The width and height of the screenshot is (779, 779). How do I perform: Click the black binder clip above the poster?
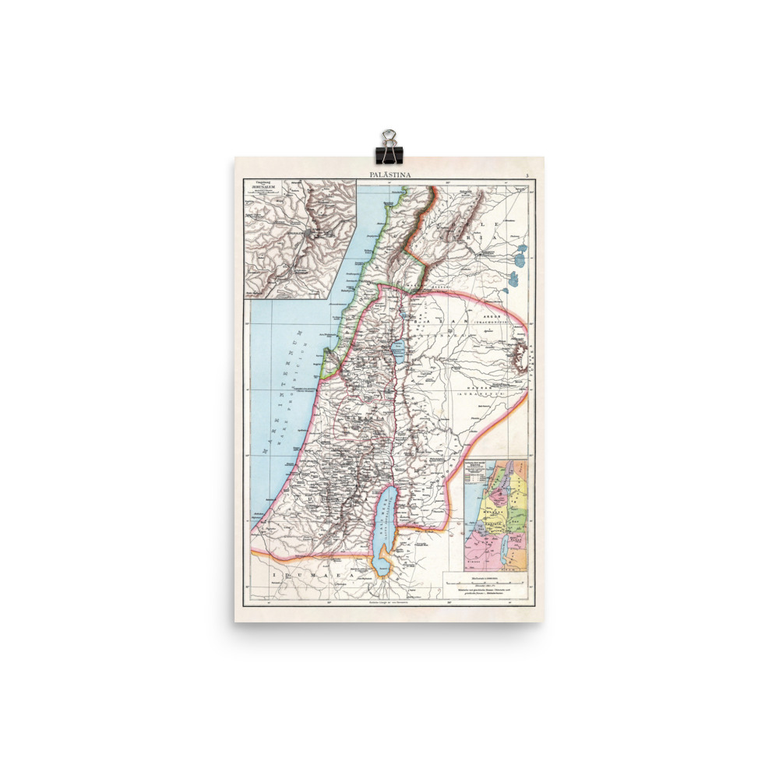(388, 145)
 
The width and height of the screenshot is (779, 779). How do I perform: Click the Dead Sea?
(384, 525)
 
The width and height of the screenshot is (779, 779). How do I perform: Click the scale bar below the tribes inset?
(485, 581)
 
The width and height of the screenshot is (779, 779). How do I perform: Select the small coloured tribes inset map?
(495, 515)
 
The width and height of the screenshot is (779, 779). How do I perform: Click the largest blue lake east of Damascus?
(520, 253)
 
